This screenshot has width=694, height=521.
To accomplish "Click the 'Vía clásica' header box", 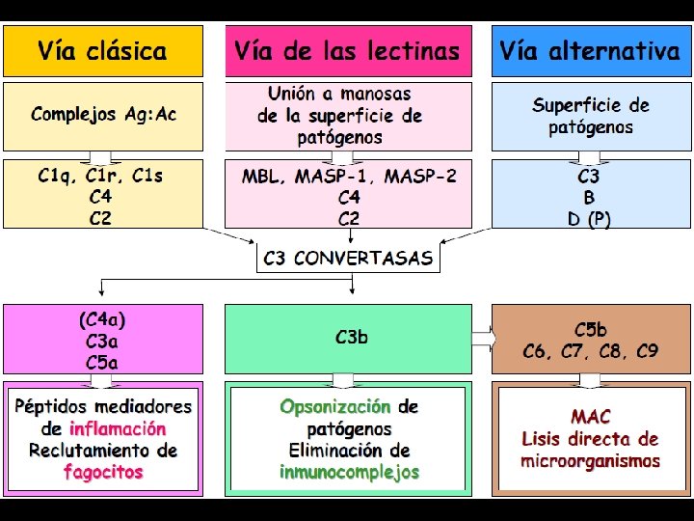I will [103, 51].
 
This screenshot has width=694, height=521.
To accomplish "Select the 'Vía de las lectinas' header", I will [348, 51].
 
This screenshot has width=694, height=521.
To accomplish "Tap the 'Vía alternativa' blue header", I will [590, 51].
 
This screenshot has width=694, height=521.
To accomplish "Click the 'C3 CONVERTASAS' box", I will [349, 259].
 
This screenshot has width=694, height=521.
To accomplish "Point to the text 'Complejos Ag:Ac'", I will [103, 115].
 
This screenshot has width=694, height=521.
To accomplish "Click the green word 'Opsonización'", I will [334, 407].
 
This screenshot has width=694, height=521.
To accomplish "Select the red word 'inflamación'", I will [118, 428].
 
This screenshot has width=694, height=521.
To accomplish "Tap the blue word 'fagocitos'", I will [103, 472].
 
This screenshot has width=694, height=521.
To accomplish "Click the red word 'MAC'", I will [590, 418].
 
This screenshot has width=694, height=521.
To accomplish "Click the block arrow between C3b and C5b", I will [482, 338].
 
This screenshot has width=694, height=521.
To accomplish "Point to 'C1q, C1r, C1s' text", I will [100, 177].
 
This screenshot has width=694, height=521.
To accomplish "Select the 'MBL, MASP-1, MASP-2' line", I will [349, 177].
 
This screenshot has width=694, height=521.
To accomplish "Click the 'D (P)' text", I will [589, 219].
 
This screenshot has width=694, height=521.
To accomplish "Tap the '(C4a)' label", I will [103, 319].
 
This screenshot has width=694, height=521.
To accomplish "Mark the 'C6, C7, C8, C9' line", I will [590, 351].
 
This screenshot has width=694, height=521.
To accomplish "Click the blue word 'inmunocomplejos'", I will [349, 472].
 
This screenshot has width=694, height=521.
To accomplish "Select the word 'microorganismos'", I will [590, 461].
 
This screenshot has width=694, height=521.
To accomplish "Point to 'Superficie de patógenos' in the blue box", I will [590, 116].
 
